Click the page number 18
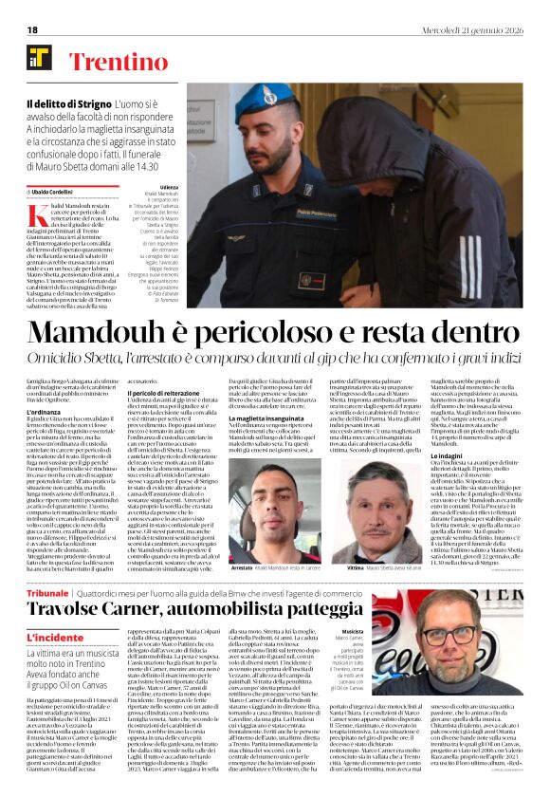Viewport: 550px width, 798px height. (x=32, y=29)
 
